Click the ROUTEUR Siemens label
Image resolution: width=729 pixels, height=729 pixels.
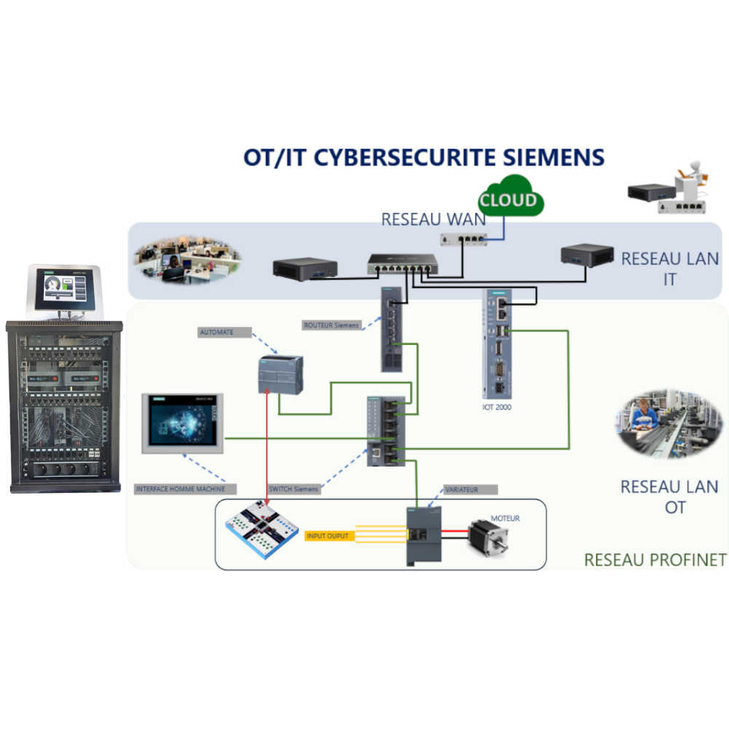click(332, 325)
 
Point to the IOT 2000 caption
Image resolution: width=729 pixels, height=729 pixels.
click(496, 407)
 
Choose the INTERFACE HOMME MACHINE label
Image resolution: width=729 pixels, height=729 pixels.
click(180, 488)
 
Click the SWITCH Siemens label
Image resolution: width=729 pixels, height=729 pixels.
click(294, 488)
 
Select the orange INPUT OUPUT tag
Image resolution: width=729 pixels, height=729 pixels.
click(328, 536)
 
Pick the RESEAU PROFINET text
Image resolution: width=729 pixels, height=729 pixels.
click(655, 560)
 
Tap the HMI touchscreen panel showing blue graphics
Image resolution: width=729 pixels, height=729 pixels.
click(182, 424)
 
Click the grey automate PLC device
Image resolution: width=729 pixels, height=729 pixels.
click(281, 375)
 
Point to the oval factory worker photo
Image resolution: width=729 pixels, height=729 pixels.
click(662, 423)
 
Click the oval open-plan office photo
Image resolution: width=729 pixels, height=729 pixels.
click(187, 260)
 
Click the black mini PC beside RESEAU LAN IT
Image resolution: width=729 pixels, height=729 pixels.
click(587, 255)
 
